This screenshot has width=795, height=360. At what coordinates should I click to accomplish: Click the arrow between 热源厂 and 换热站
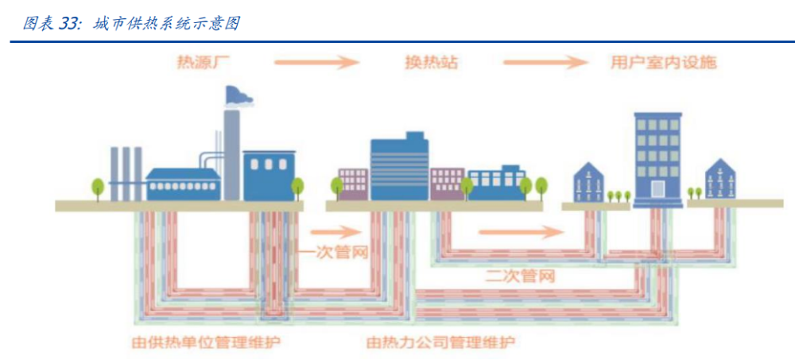click(x=317, y=62)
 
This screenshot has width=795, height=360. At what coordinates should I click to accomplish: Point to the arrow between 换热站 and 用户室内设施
click(x=545, y=62)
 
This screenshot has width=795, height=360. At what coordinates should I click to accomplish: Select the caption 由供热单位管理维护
click(x=207, y=343)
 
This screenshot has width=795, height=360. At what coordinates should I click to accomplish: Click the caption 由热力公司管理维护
click(x=440, y=343)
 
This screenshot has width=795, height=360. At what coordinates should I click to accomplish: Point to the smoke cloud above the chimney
click(x=239, y=96)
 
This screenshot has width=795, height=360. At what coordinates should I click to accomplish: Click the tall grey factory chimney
click(x=231, y=155)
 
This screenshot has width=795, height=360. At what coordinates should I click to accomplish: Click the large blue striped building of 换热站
click(x=399, y=169)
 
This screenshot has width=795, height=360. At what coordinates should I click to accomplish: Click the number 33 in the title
click(x=70, y=24)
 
